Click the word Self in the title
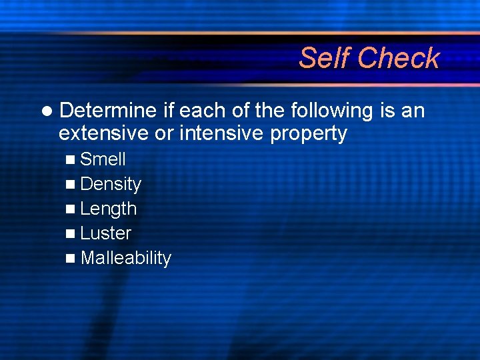click(x=325, y=58)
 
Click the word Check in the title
click(x=398, y=58)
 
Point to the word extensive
click(x=103, y=133)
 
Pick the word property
click(x=309, y=134)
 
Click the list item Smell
click(x=103, y=159)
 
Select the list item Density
click(x=111, y=184)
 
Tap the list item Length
click(x=108, y=209)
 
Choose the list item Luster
click(x=106, y=233)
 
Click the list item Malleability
click(x=125, y=258)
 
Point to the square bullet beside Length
click(x=71, y=209)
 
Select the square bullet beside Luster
click(x=71, y=234)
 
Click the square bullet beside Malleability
click(x=71, y=259)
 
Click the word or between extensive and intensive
click(x=163, y=133)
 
